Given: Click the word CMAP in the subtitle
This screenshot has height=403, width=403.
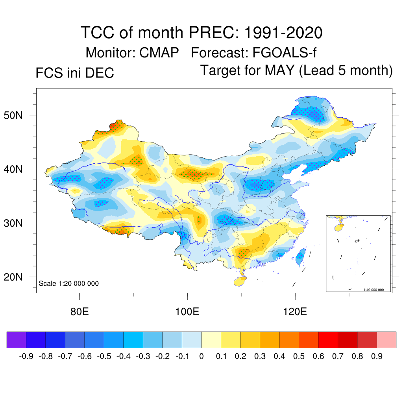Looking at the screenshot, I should coord(159,52).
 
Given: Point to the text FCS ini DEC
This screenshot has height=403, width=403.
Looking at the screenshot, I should coord(75,73).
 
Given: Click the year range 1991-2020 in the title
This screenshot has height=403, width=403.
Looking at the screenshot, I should coord(283,32).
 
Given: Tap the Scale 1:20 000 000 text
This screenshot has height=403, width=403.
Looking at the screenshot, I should coord(69,283).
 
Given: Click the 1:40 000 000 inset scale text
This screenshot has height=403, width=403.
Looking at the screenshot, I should coord(373,290).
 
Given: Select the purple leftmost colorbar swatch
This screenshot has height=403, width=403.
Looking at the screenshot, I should coord(17,340).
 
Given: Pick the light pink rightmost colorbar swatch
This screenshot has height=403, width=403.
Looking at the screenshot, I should coord(386,340).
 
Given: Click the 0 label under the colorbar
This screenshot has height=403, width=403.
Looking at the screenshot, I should coord(201,357).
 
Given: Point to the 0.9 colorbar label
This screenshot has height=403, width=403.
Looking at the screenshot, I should coord(377,357).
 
